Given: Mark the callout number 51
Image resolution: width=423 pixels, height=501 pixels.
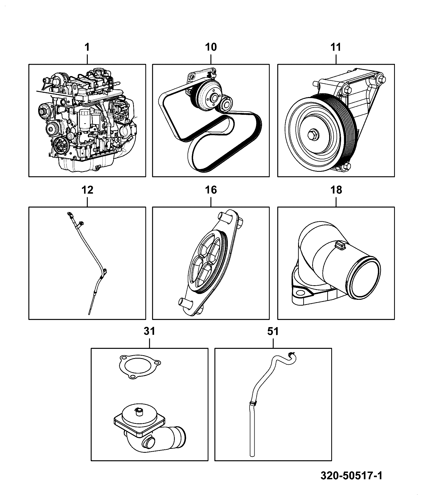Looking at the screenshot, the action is click(273, 331).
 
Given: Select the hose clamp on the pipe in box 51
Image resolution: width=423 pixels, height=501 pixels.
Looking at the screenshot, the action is click(253, 411).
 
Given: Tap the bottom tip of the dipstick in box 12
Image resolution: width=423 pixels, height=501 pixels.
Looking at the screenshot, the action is click(90, 314).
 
